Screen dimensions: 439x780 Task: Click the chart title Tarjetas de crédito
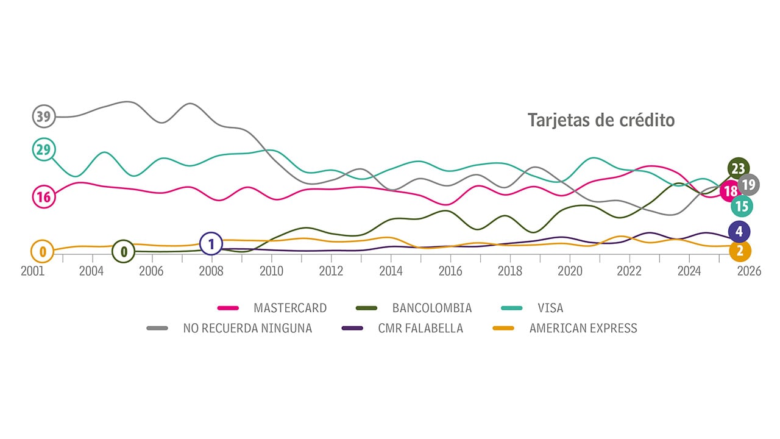[601, 120]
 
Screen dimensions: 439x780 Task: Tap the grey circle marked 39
[43, 116]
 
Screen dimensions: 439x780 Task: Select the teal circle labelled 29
[43, 149]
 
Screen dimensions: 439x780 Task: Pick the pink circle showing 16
[43, 196]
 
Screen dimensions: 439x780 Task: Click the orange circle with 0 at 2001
[43, 251]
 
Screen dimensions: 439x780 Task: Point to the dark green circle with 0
[124, 251]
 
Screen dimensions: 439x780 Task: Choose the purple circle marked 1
[211, 244]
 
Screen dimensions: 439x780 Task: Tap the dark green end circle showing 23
[739, 168]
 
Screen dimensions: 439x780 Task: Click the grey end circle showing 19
[749, 184]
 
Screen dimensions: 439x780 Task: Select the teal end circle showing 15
[742, 206]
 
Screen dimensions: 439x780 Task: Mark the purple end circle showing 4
[739, 231]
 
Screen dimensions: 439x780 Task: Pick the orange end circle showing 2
[740, 251]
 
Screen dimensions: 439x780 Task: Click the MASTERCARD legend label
[290, 308]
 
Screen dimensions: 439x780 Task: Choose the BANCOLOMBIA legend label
[432, 308]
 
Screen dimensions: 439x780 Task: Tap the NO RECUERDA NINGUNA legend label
[247, 328]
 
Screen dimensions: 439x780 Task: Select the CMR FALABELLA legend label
[420, 328]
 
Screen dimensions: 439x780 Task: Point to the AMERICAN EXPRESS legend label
[583, 328]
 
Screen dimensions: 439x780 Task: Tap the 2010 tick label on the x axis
[271, 271]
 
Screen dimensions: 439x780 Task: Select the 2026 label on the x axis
[749, 271]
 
